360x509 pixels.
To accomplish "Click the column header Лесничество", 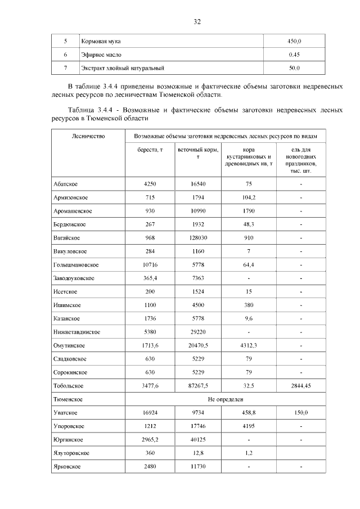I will pos(88,137).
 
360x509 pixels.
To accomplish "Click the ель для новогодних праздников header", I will pos(301,160).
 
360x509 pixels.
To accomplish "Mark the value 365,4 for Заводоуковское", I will pos(150,278).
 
